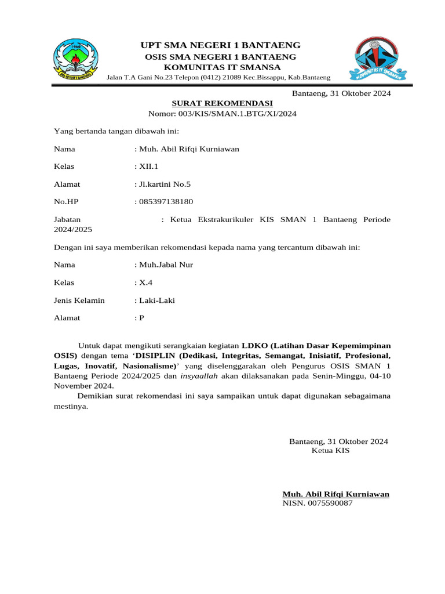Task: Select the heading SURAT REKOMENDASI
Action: tap(222, 103)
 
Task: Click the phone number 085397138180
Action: tap(165, 202)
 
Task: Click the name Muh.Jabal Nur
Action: tap(166, 265)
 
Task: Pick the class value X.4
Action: tap(145, 282)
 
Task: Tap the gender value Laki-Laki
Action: tap(156, 300)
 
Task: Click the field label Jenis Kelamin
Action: tap(79, 300)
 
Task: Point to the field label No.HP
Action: tap(65, 202)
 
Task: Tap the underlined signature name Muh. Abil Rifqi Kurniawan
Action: tap(335, 494)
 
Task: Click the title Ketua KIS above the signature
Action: tap(330, 450)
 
